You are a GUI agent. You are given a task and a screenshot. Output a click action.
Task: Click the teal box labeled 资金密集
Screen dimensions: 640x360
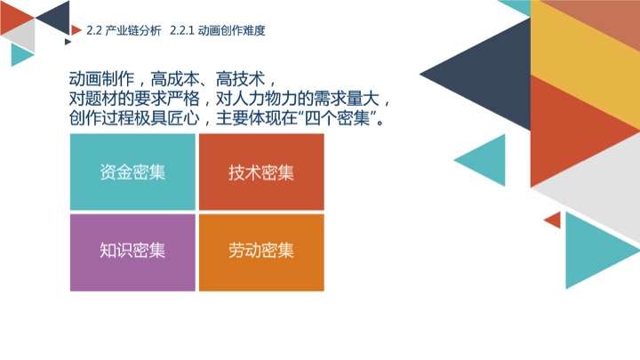132,172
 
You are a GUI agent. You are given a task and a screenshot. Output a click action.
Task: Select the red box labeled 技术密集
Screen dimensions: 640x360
261,172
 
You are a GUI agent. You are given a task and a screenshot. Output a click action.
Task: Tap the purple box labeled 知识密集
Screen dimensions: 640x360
132,252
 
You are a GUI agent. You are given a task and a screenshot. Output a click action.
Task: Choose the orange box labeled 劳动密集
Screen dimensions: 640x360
261,252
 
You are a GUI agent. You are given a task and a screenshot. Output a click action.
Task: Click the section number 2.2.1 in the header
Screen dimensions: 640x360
181,30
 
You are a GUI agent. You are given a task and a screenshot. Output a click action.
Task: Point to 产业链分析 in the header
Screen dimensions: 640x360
133,30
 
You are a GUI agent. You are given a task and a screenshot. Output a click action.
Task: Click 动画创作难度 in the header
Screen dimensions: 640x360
231,30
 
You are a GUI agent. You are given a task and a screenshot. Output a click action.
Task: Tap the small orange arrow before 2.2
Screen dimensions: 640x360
76,30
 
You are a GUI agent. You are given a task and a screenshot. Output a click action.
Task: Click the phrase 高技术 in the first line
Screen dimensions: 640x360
240,79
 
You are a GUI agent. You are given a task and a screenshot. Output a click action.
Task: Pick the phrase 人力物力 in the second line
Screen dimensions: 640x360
265,99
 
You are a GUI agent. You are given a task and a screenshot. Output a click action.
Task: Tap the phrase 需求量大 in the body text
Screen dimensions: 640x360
346,99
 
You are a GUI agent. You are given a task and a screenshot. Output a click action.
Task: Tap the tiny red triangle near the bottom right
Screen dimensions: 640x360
555,220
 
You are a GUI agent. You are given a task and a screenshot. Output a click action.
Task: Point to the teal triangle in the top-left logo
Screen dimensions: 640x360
20,55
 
